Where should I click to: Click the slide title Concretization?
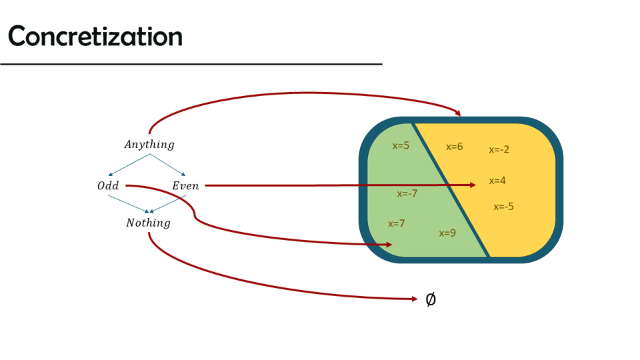click(x=95, y=37)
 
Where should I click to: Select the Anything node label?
click(x=149, y=144)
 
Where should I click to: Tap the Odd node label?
click(x=108, y=186)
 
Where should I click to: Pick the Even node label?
click(x=185, y=186)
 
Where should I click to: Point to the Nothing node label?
click(x=148, y=223)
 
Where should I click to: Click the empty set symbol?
click(x=431, y=299)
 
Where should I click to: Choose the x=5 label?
click(x=401, y=145)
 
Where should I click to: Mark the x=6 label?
click(x=454, y=147)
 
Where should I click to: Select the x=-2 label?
click(x=499, y=149)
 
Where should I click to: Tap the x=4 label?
click(x=497, y=181)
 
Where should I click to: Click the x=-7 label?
click(x=407, y=193)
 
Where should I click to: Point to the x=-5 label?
click(x=503, y=207)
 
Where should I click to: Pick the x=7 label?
click(x=397, y=223)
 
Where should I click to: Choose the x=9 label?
click(x=447, y=233)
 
